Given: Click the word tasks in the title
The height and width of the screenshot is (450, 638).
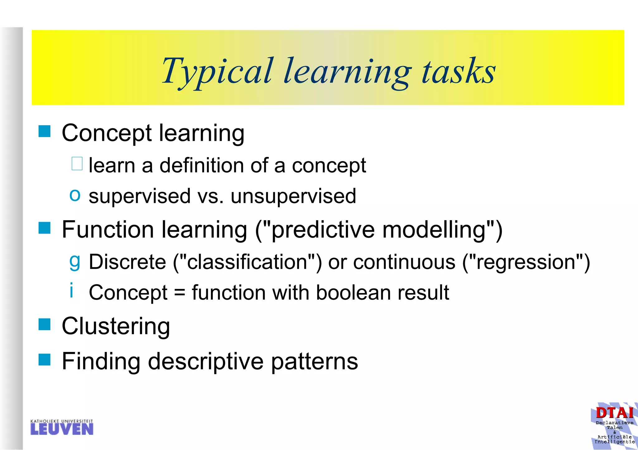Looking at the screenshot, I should tap(458, 72).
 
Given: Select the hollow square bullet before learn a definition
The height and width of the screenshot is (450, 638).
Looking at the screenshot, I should tap(77, 164).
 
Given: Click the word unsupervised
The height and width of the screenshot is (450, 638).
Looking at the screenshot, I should tap(293, 196).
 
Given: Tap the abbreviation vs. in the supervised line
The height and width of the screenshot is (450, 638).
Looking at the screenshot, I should tap(211, 196).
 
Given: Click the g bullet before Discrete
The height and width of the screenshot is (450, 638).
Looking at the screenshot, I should tap(75, 261).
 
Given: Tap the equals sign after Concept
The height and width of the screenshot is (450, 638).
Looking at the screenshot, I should tap(179, 293).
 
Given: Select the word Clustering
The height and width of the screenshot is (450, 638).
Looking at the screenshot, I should tap(116, 326).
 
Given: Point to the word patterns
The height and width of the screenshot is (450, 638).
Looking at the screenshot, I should tap(314, 361).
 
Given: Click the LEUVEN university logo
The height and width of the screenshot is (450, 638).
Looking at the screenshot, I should tap(62, 427).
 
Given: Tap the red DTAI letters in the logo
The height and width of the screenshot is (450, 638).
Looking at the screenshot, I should tap(614, 413).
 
